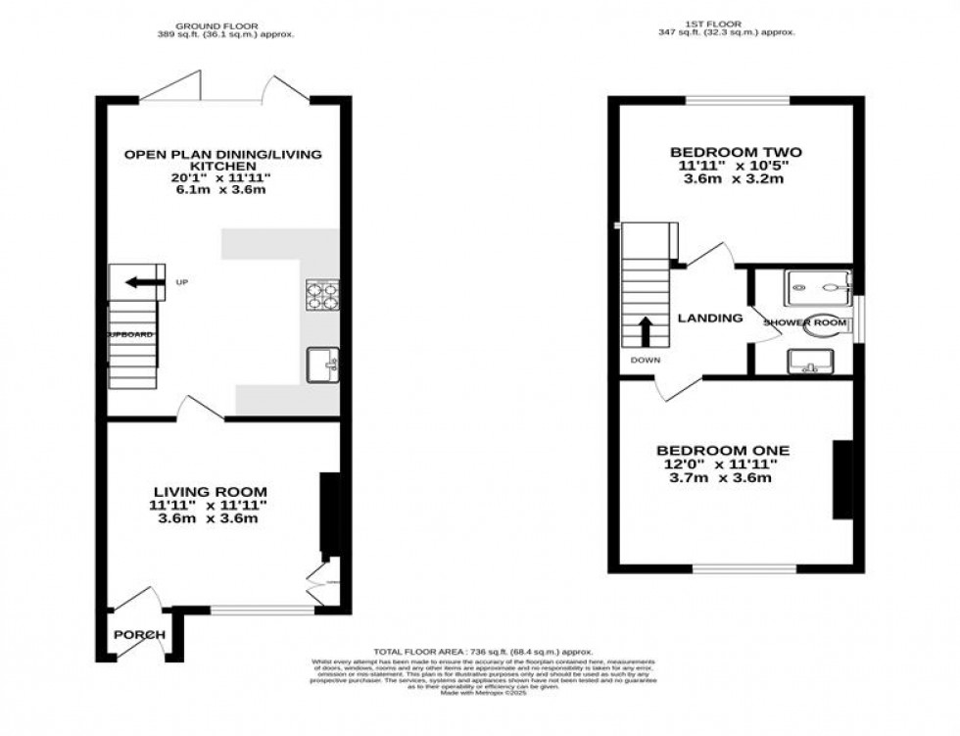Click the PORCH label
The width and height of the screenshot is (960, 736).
click(x=139, y=634)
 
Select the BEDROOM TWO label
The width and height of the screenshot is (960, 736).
click(x=736, y=152)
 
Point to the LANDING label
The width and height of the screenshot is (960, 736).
click(x=710, y=318)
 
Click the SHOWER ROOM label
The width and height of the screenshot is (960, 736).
click(x=804, y=321)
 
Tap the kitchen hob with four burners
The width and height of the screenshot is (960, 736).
click(x=322, y=294)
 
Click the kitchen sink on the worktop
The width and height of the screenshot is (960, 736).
click(x=322, y=365)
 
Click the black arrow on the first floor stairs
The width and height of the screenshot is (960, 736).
click(x=647, y=331)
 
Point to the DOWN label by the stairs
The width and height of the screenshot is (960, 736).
click(x=646, y=360)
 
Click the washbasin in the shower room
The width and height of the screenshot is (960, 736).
click(x=808, y=362)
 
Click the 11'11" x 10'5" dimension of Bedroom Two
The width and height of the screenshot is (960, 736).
click(x=736, y=167)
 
